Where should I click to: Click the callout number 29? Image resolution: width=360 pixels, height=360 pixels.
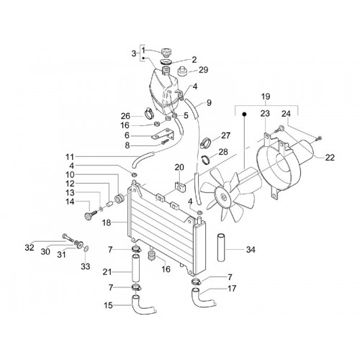[x=203, y=70]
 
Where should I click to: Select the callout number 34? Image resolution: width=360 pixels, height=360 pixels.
[x=251, y=250]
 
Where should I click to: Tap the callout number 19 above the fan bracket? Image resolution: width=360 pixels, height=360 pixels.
[x=266, y=96]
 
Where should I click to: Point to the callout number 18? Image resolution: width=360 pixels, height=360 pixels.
[x=107, y=222]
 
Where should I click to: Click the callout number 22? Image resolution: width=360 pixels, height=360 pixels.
[x=330, y=158]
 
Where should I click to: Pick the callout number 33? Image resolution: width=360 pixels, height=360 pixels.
[x=85, y=266]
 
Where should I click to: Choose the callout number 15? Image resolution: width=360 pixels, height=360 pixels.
[x=108, y=305]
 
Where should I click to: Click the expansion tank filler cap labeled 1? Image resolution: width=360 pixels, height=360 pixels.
[x=166, y=52]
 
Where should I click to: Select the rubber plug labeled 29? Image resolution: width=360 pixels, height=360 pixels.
[x=183, y=71]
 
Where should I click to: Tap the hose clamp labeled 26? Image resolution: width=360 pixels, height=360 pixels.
[x=149, y=112]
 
